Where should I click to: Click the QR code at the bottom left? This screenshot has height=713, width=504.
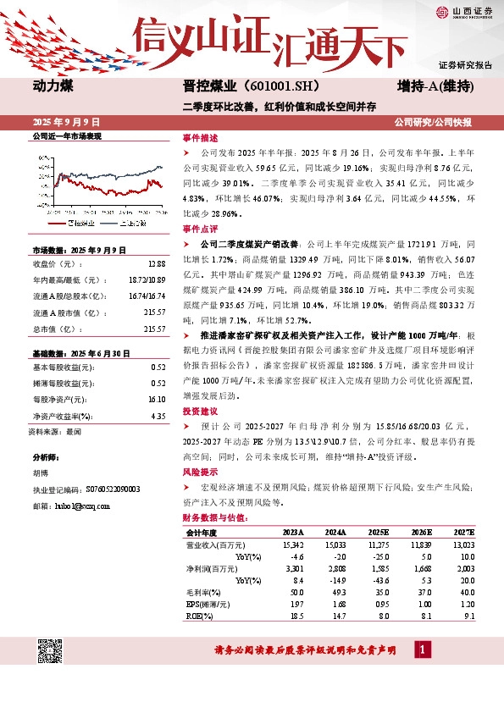[52, 651]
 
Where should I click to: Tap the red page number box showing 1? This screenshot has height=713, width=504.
[423, 649]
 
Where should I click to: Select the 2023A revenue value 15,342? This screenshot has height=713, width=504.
[291, 545]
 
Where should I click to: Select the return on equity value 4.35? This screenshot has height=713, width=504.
[157, 417]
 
